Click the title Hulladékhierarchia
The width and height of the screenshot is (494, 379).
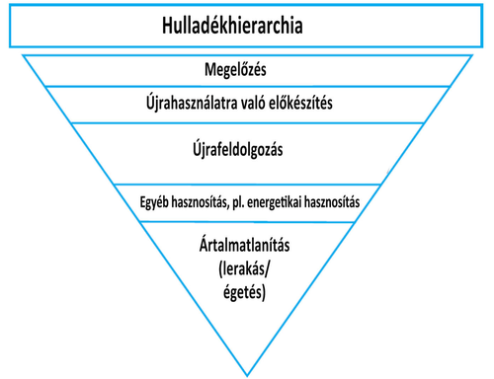pos(246,26)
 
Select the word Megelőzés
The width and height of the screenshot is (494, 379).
pos(248,70)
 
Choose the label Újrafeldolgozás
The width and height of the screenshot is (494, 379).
pos(248,151)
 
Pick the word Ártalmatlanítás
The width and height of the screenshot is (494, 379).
pos(248,244)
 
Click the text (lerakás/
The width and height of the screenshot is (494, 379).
pos(248,267)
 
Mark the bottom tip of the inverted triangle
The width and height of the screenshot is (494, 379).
pos(248,373)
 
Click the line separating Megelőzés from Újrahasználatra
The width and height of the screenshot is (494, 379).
pos(248,86)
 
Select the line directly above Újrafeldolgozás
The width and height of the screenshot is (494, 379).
pos(248,122)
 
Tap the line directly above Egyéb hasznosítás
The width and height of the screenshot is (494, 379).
pos(248,185)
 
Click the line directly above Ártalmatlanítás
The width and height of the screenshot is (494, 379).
pos(248,221)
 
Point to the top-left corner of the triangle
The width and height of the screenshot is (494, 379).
pos(24,56)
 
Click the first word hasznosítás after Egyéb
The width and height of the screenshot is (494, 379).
pos(206,202)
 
